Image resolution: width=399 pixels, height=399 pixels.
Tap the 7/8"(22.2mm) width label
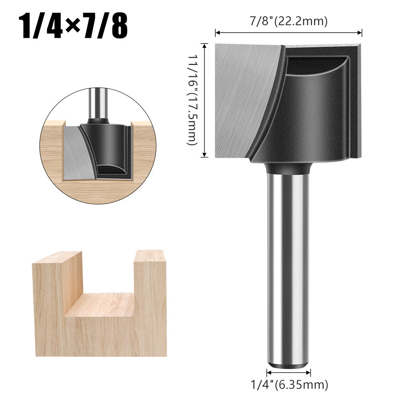click(289, 21)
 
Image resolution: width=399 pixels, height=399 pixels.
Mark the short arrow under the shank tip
click(289, 373)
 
